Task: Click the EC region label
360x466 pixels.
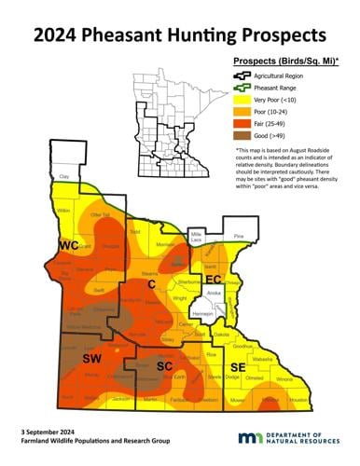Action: coord(212,279)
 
